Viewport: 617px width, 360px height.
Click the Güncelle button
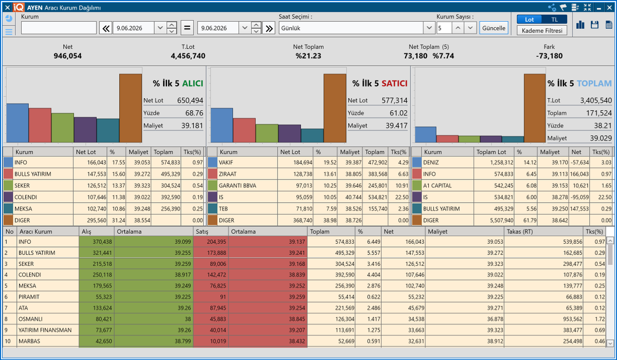(494, 28)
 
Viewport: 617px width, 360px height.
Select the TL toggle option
(554, 20)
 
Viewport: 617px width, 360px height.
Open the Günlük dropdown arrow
(429, 28)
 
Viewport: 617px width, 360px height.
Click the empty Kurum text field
(59, 28)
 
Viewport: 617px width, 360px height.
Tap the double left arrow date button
(106, 28)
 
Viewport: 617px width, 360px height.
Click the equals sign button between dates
(187, 28)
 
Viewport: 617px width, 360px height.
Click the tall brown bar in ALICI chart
(131, 108)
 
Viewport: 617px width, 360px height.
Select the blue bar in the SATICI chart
(222, 125)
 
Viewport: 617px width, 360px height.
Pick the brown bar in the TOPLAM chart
(535, 108)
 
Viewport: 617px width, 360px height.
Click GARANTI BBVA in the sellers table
(238, 186)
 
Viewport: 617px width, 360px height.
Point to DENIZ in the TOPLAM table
(431, 163)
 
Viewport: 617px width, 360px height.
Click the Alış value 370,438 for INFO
(102, 242)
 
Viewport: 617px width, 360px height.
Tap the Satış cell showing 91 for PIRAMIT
(223, 297)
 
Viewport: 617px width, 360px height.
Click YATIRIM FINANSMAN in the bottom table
(45, 330)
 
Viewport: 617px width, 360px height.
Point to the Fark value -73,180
(549, 56)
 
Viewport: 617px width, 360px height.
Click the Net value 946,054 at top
(68, 56)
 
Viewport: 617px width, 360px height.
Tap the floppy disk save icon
(595, 25)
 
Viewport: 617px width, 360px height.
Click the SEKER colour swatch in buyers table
(8, 186)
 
